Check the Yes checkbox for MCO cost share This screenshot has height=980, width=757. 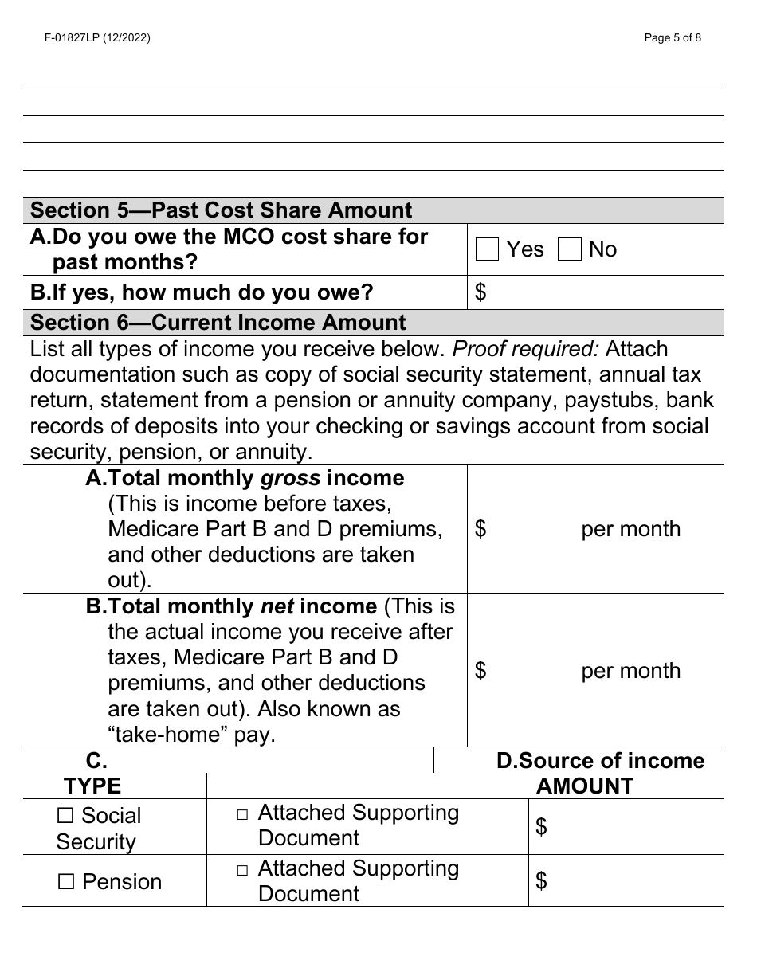(x=487, y=250)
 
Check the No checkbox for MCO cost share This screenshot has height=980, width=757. (x=570, y=250)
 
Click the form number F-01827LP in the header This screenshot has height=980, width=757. (x=92, y=37)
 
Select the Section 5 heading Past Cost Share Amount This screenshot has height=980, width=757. (x=221, y=210)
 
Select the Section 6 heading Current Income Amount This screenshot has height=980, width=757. (x=218, y=323)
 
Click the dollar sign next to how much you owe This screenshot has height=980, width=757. (x=480, y=292)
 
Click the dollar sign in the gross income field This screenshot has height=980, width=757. (x=480, y=529)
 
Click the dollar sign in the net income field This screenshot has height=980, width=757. (x=480, y=671)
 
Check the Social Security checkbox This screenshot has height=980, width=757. (x=66, y=816)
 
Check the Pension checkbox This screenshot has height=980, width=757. (x=67, y=882)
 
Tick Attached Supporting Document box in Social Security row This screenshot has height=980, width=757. (x=242, y=815)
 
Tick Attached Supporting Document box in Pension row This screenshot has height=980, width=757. (x=242, y=871)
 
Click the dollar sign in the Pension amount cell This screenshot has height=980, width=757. (x=542, y=880)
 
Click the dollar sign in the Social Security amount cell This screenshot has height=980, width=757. (x=542, y=827)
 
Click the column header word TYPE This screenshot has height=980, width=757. (x=92, y=786)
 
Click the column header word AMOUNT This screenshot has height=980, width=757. (x=584, y=786)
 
